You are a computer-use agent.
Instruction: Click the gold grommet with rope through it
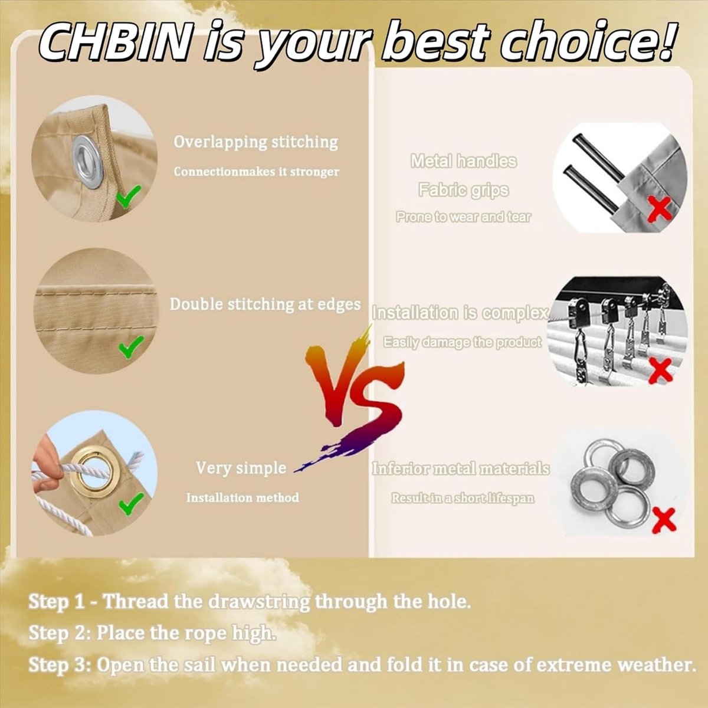coord(92,471)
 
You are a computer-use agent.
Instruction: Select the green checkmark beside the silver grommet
coord(128,196)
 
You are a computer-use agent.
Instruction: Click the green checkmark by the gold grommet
coord(131,503)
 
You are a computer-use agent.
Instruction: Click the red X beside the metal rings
coord(664,520)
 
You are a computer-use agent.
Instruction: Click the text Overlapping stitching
coord(255,142)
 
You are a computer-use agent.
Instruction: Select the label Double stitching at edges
coord(265,304)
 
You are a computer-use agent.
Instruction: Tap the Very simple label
coord(241,468)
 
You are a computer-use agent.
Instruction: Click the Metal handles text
coord(463,161)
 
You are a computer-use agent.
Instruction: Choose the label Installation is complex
coord(460,313)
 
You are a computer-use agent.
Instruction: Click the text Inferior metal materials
coord(461,469)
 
